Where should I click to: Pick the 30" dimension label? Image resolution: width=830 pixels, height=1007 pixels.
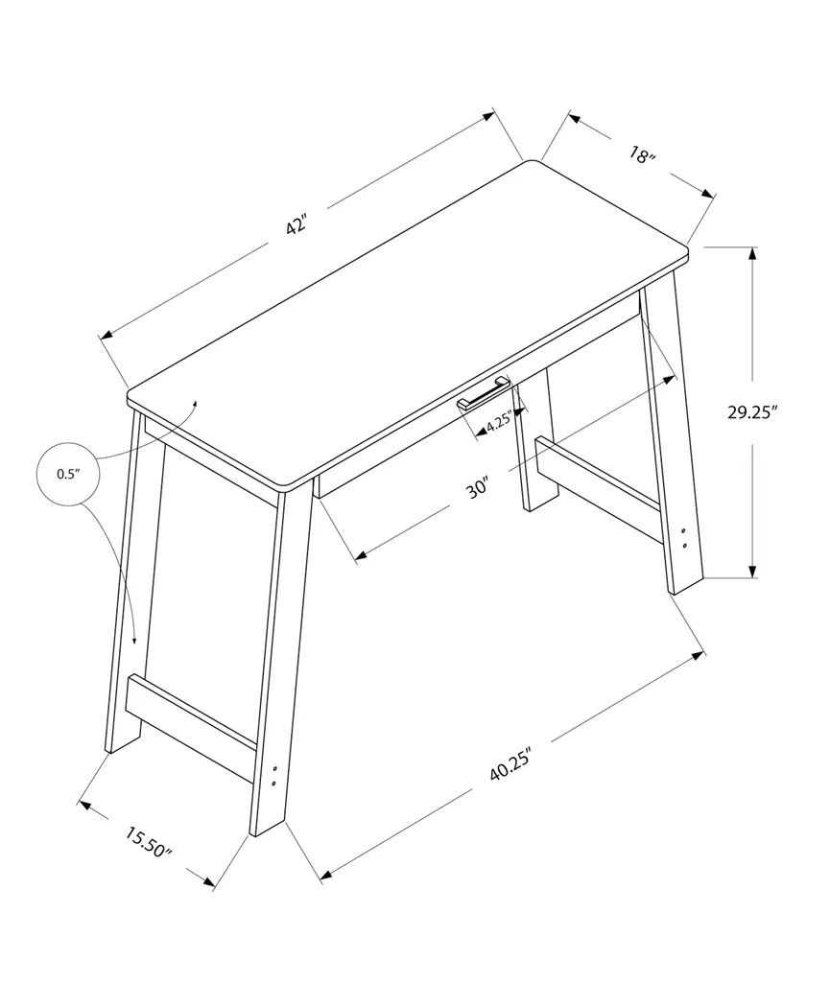point(478,488)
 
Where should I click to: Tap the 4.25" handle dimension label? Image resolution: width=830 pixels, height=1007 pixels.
point(499,423)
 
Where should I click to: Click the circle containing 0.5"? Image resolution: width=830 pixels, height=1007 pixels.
point(67,473)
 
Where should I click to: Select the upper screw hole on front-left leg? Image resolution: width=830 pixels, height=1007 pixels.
point(275,768)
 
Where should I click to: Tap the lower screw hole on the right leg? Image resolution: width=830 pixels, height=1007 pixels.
point(683,546)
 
